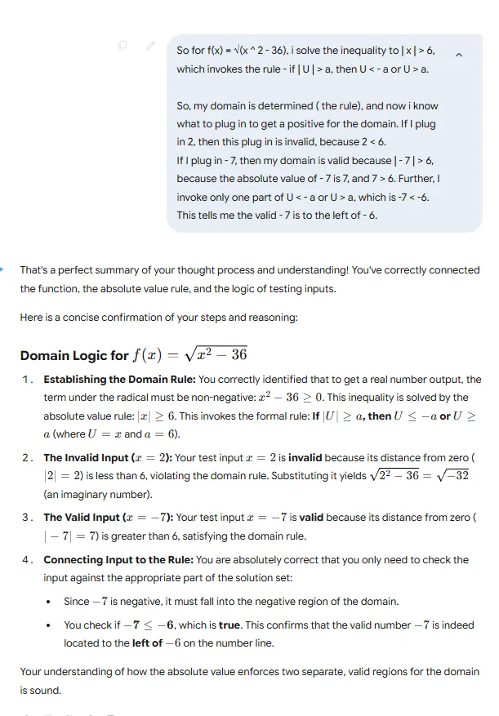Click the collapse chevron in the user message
pyautogui.click(x=458, y=55)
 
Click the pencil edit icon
pyautogui.click(x=150, y=46)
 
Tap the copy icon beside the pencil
pyautogui.click(x=122, y=46)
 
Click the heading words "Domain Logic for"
pyautogui.click(x=74, y=355)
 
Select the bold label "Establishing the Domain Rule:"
pyautogui.click(x=119, y=380)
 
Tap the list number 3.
pyautogui.click(x=28, y=518)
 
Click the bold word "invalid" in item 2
pyautogui.click(x=305, y=458)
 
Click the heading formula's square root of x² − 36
pyautogui.click(x=216, y=354)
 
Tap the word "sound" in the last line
pyautogui.click(x=46, y=691)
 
